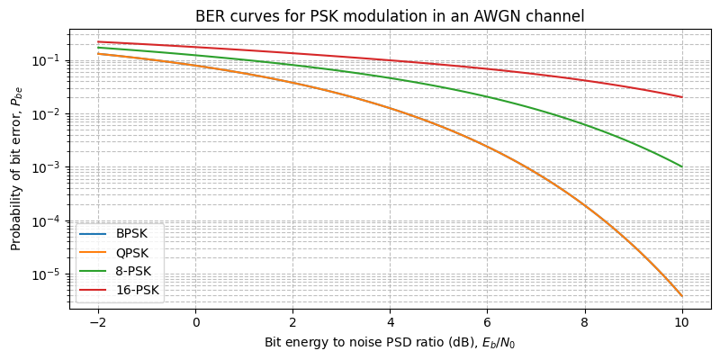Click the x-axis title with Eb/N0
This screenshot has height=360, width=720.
click(390, 343)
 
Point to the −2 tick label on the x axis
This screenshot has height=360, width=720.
click(94, 321)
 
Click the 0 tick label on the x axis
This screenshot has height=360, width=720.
click(195, 321)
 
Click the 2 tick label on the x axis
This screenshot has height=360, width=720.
click(292, 321)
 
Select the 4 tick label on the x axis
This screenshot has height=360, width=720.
click(390, 321)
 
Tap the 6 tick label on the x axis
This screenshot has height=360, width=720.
click(487, 321)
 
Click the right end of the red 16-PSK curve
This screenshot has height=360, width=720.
click(681, 97)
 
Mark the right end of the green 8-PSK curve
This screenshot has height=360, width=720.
click(681, 166)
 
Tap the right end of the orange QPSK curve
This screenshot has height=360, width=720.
click(681, 296)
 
